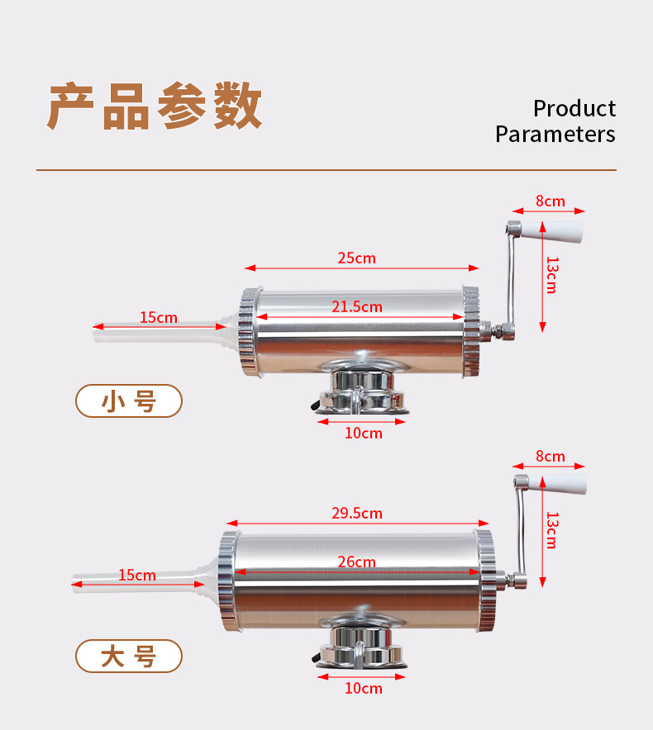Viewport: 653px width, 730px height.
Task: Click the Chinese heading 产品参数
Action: click(x=155, y=106)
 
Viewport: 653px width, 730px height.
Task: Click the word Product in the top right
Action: click(x=574, y=108)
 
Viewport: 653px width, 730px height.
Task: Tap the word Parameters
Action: click(x=555, y=134)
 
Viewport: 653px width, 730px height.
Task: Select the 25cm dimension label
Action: click(x=356, y=258)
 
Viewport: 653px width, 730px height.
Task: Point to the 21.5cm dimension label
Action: click(x=356, y=306)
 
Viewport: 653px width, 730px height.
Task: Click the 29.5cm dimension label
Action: click(x=356, y=513)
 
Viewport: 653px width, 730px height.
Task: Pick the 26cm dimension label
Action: click(x=356, y=562)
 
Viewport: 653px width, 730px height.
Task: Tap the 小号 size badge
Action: click(x=129, y=401)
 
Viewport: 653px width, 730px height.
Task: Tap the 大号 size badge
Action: click(x=129, y=657)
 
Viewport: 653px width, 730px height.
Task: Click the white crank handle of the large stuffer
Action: click(x=564, y=485)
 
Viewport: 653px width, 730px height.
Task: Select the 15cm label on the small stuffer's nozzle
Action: click(x=158, y=317)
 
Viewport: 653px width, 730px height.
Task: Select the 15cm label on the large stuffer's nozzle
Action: click(x=136, y=575)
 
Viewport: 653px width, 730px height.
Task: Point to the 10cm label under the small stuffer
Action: click(x=363, y=433)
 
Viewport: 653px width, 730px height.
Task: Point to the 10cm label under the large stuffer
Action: click(x=363, y=688)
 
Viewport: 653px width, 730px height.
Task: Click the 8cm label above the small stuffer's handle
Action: click(x=550, y=201)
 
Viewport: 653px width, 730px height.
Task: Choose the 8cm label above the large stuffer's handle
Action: click(x=550, y=456)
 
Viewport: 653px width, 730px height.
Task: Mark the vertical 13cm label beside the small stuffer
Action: click(x=552, y=275)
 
